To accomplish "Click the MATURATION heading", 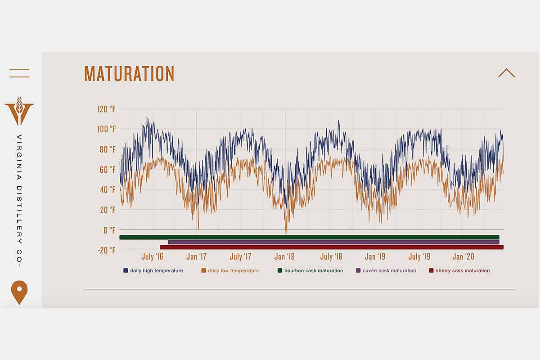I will tap(129, 74).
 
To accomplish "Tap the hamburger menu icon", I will tap(19, 73).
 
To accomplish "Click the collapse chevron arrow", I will tap(506, 73).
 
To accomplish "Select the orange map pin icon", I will tap(19, 291).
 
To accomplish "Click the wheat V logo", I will tap(19, 111).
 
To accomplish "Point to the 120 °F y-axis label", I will tap(107, 109).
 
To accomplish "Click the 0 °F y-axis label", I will tap(109, 230).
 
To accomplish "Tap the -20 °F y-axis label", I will tap(107, 250).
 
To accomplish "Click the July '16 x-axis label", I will tap(153, 257).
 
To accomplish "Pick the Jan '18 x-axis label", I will tap(284, 257).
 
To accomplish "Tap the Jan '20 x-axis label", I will tap(463, 257).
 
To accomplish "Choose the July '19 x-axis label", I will tap(419, 257).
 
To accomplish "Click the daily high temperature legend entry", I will tap(153, 271).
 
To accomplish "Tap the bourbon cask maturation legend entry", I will tap(310, 271).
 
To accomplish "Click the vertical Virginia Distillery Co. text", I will tap(19, 200).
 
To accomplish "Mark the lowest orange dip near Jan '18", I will tap(286, 231).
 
